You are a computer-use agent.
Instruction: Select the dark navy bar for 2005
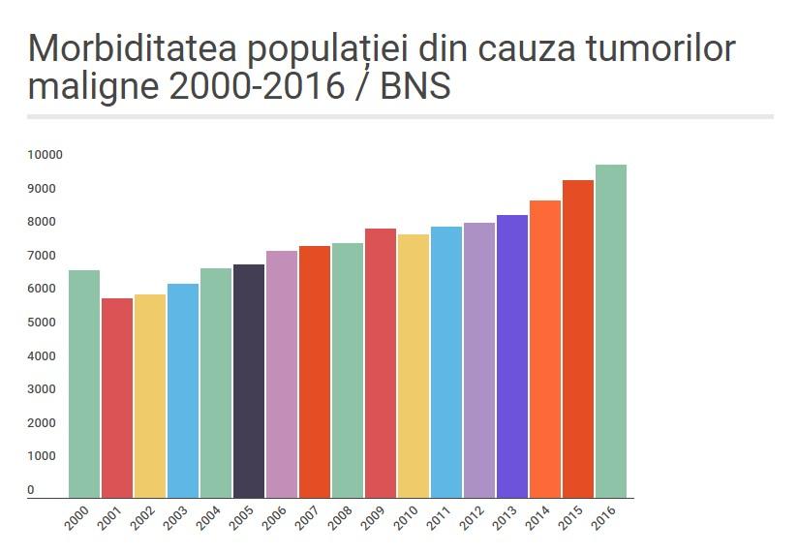pos(249,381)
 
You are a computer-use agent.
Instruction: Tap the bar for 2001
pos(117,398)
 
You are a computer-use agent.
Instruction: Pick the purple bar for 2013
pos(512,356)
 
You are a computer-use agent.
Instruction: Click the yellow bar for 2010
pos(414,366)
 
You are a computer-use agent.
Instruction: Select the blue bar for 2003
pos(183,390)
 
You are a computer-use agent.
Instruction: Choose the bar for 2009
pos(381,363)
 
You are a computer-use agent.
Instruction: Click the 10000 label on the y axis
pos(45,155)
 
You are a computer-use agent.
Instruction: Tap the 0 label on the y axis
pos(31,490)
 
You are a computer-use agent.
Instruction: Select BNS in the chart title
pos(415,87)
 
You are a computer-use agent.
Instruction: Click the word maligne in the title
pos(92,87)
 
